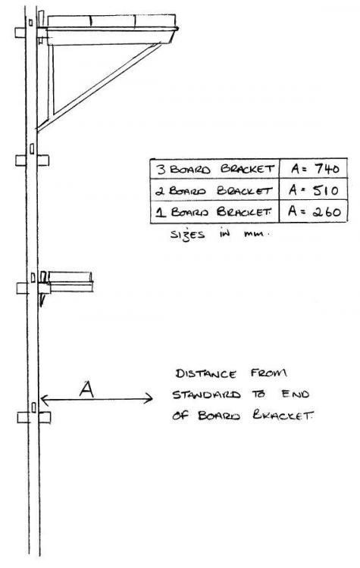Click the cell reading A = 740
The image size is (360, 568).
click(313, 169)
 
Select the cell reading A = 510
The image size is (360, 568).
click(313, 189)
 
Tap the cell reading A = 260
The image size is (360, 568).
click(313, 211)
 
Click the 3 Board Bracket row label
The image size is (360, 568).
click(215, 169)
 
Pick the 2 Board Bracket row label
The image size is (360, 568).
click(214, 190)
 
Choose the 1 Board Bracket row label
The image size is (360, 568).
click(214, 211)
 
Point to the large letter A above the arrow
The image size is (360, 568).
click(86, 389)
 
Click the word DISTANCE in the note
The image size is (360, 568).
click(205, 373)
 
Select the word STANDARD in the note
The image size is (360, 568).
click(206, 395)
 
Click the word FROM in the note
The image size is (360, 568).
click(268, 373)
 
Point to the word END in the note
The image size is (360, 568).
click(295, 394)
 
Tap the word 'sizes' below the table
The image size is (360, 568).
click(187, 234)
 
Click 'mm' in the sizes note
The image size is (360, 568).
click(255, 234)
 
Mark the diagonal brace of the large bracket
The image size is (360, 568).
click(99, 87)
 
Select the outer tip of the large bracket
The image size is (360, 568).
click(177, 28)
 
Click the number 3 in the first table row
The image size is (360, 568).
click(160, 169)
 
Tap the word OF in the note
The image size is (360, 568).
click(180, 416)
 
